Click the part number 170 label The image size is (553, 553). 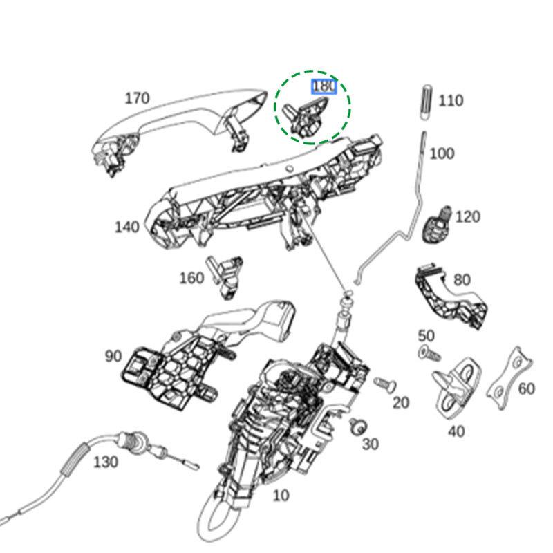137,98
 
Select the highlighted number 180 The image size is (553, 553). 324,87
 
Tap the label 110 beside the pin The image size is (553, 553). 451,101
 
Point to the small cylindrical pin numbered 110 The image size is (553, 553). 427,102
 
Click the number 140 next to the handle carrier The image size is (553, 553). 127,227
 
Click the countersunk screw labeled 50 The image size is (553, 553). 429,354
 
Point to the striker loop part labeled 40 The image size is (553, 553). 456,387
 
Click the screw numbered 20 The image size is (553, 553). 385,384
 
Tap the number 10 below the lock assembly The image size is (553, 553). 281,496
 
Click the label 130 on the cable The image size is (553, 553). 106,462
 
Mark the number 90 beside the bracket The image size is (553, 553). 113,356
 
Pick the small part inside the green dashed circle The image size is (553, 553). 306,115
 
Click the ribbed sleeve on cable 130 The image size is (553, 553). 75,458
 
